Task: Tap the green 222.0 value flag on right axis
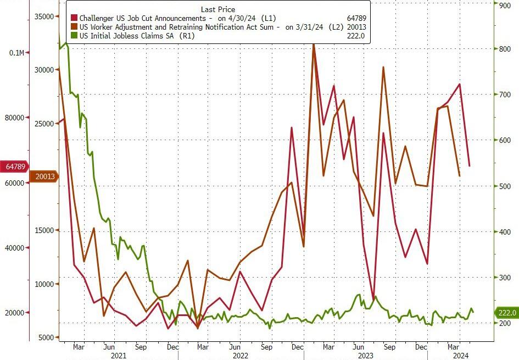[507, 313]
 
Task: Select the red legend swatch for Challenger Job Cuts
[74, 18]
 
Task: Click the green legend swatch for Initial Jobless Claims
[74, 36]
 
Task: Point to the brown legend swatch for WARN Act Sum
[74, 27]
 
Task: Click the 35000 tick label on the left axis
[43, 16]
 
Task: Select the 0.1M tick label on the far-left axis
[16, 53]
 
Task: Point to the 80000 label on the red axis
[14, 118]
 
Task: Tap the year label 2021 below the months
[119, 356]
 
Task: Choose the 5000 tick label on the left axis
[45, 337]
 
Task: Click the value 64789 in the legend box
[355, 18]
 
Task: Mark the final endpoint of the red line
[469, 165]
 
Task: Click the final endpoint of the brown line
[459, 176]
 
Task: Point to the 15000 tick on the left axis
[43, 231]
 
